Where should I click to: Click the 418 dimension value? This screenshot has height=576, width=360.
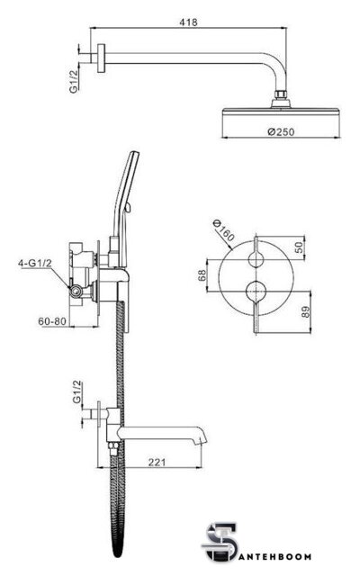click(x=188, y=22)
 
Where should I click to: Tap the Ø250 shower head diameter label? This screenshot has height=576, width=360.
click(x=281, y=131)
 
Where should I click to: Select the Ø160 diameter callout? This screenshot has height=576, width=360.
click(x=224, y=230)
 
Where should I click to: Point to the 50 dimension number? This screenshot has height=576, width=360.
click(x=300, y=247)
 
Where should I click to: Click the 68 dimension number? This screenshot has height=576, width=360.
click(x=202, y=275)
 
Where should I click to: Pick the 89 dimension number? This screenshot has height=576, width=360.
click(x=306, y=312)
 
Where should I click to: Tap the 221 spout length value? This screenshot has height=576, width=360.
click(x=157, y=462)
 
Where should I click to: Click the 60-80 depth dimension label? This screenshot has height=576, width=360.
click(x=52, y=321)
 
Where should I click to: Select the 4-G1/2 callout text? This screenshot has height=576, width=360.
click(x=35, y=263)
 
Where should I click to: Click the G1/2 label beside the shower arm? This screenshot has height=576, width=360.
click(x=74, y=82)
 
